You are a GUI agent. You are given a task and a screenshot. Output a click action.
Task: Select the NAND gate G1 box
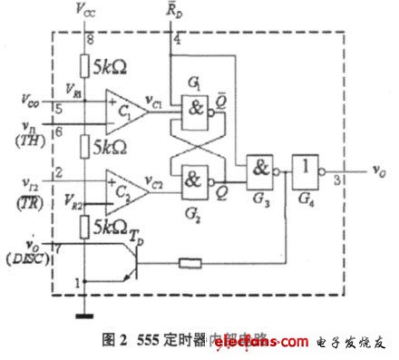[x=195, y=104]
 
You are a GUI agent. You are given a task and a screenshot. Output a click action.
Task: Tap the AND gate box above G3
[x=262, y=169]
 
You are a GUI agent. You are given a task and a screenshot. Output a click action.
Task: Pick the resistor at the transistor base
[x=190, y=264]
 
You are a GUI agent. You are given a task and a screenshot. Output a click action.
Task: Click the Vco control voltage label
[x=29, y=92]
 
